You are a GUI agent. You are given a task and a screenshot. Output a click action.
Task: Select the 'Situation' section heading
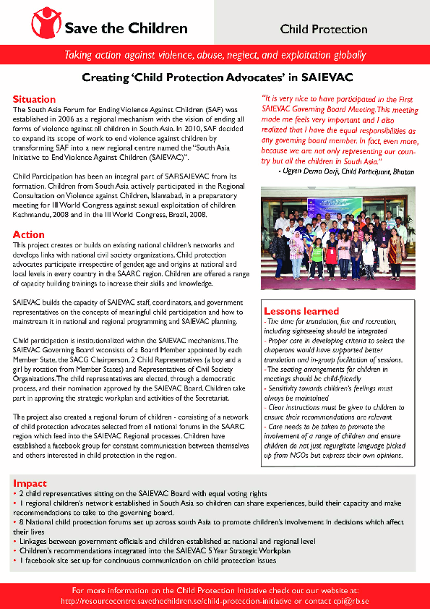[34, 99]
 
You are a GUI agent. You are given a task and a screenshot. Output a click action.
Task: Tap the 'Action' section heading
[28, 234]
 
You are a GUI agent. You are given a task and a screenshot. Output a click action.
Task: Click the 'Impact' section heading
[30, 482]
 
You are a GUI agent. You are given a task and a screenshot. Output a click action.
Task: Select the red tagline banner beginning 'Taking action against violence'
[215, 55]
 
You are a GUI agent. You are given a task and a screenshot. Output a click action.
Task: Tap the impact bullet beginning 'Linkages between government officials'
[159, 540]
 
